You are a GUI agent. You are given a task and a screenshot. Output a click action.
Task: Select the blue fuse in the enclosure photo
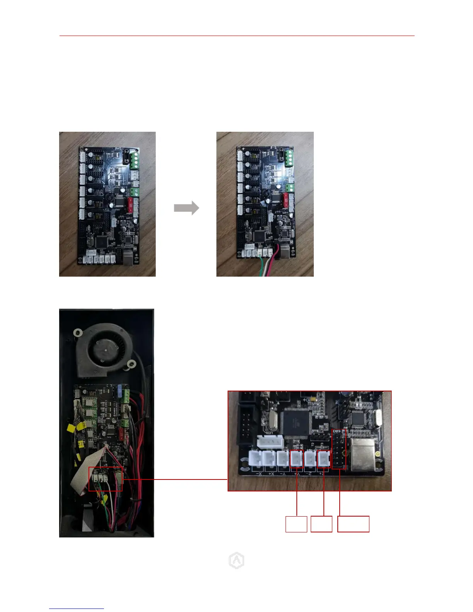(121, 391)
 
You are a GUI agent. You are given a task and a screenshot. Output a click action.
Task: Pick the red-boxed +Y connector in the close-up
(296, 459)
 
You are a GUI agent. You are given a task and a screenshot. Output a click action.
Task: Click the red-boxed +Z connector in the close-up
(323, 459)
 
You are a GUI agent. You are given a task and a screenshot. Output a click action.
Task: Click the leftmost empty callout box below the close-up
(296, 524)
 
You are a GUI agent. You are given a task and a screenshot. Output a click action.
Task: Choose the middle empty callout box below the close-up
(322, 524)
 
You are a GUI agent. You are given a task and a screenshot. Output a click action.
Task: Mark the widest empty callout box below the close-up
(353, 524)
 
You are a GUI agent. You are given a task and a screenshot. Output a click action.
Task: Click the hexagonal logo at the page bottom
(236, 561)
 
